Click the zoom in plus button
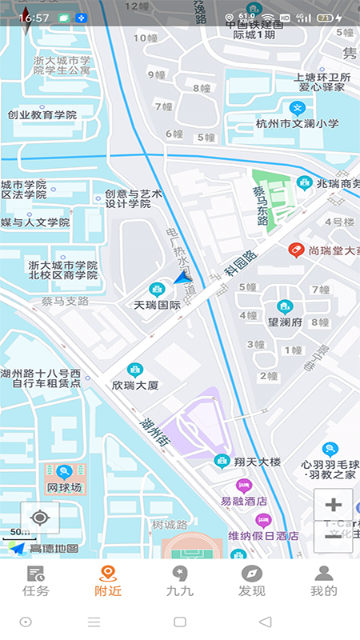click(x=334, y=505)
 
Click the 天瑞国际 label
click(x=157, y=305)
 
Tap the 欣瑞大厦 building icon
click(x=134, y=369)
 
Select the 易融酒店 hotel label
click(x=244, y=502)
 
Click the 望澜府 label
click(x=284, y=322)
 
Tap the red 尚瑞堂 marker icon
click(x=296, y=250)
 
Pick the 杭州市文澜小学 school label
click(x=298, y=124)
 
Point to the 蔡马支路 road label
click(x=65, y=302)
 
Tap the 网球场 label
click(x=64, y=487)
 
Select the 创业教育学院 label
click(x=42, y=115)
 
